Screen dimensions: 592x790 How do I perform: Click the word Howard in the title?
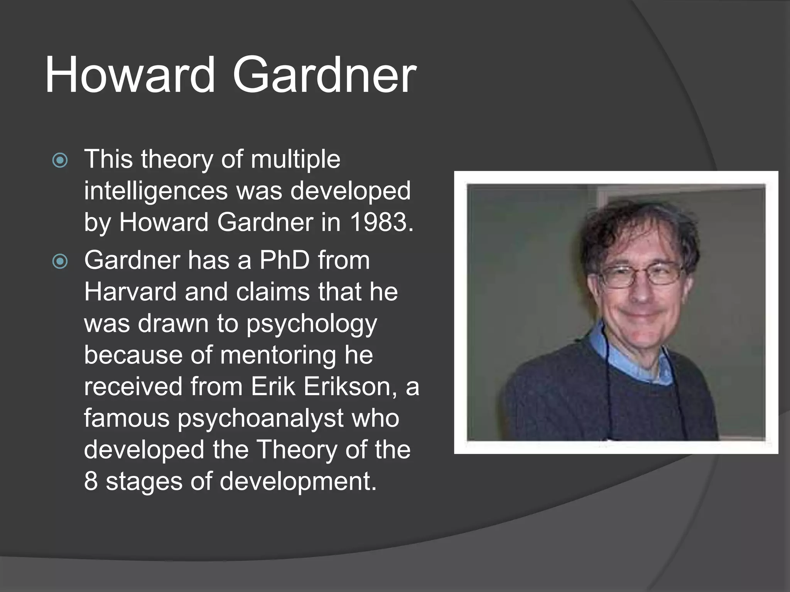click(130, 75)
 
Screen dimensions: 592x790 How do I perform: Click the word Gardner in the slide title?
click(324, 75)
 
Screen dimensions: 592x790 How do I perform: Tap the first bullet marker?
click(60, 160)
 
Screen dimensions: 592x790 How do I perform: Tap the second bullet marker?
click(60, 262)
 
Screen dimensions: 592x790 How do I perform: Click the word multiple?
click(295, 160)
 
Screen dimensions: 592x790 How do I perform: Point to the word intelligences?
click(156, 191)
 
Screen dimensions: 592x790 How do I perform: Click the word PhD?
click(284, 261)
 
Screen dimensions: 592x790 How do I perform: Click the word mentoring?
click(278, 355)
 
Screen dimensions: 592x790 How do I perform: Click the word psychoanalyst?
click(260, 419)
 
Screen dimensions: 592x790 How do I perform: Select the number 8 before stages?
click(91, 482)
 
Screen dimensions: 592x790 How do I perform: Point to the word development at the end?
click(298, 482)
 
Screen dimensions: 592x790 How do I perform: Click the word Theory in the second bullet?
click(297, 450)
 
